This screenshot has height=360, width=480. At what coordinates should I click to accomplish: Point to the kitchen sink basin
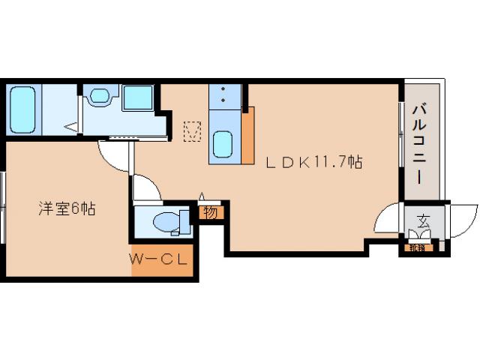click(224, 143)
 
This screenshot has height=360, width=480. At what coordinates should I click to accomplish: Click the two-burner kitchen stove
click(223, 97)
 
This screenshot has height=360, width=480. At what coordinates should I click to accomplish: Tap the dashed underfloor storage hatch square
click(193, 132)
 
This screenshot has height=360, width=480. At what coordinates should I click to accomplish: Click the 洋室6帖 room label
click(67, 208)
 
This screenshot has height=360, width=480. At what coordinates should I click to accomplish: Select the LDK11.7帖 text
click(314, 161)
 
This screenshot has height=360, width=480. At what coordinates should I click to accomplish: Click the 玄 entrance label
click(423, 222)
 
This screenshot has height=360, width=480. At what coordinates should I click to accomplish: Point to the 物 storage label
click(211, 212)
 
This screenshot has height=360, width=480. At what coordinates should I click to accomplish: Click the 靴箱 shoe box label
click(417, 247)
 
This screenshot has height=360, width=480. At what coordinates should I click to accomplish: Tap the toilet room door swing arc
click(146, 187)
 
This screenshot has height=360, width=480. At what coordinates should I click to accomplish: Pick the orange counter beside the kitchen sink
click(247, 136)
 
